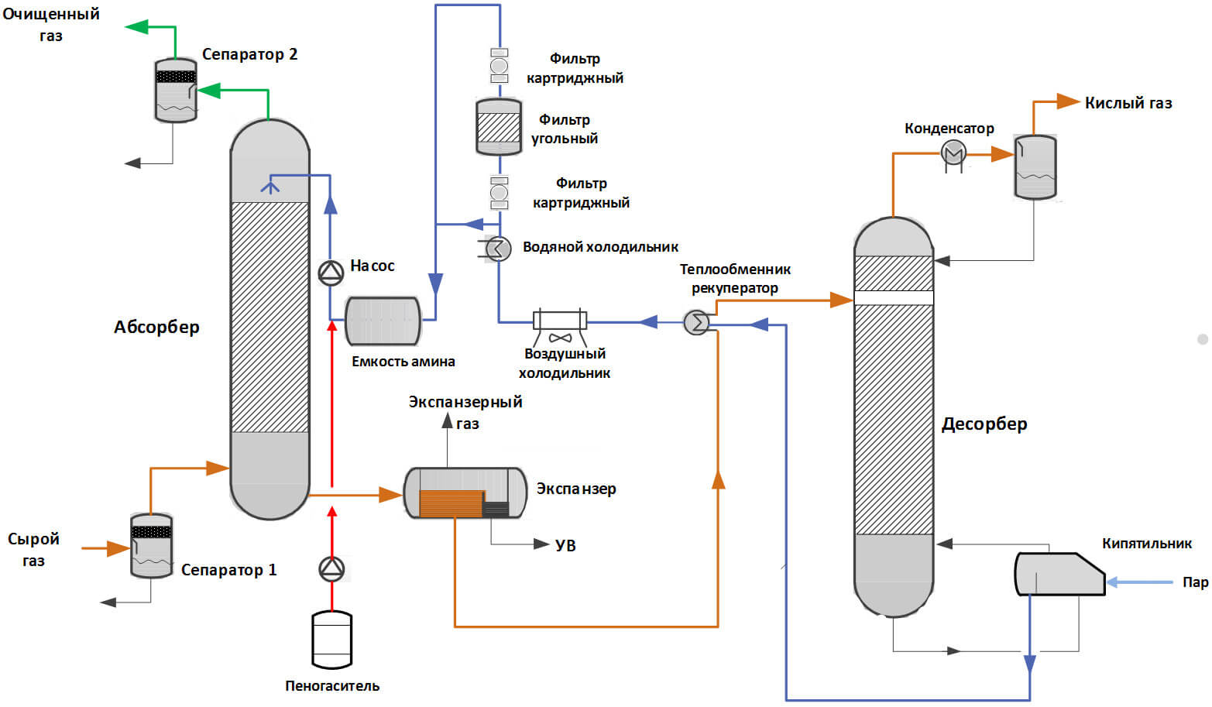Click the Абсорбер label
pyautogui.click(x=156, y=327)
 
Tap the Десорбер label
pyautogui.click(x=984, y=424)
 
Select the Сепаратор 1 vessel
pyautogui.click(x=151, y=546)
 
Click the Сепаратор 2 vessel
pyautogui.click(x=176, y=91)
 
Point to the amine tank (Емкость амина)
pyautogui.click(x=383, y=321)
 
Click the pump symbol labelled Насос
pyautogui.click(x=331, y=272)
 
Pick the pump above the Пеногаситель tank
pyautogui.click(x=331, y=569)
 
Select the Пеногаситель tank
pyautogui.click(x=331, y=640)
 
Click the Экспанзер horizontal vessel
pyautogui.click(x=465, y=492)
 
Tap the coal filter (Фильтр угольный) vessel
pyautogui.click(x=499, y=126)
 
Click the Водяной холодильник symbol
pyautogui.click(x=498, y=249)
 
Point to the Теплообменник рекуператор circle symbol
pyautogui.click(x=696, y=321)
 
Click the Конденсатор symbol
pyautogui.click(x=953, y=153)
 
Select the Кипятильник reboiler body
pyautogui.click(x=1058, y=574)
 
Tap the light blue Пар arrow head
pyautogui.click(x=1112, y=582)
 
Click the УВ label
pyautogui.click(x=565, y=545)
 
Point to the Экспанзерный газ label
pyautogui.click(x=465, y=412)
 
